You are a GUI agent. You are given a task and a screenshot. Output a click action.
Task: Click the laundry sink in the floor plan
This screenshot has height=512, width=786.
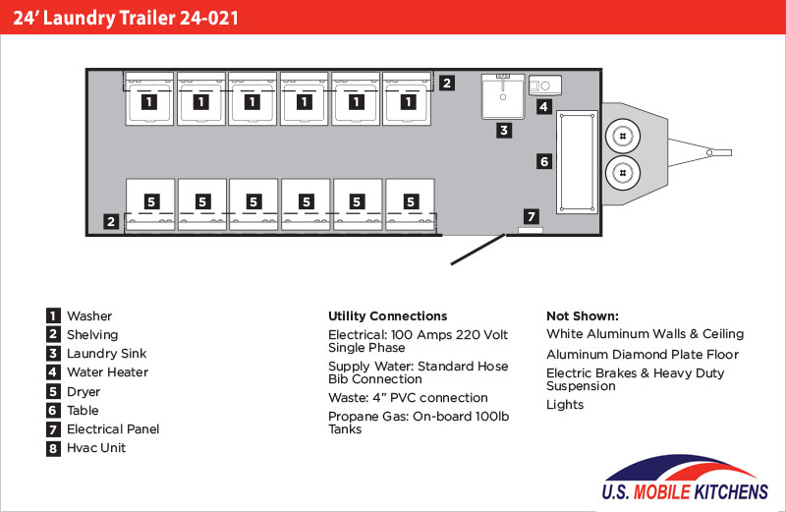pyautogui.click(x=503, y=96)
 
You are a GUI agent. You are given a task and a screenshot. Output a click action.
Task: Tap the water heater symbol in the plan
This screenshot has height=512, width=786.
pyautogui.click(x=545, y=85)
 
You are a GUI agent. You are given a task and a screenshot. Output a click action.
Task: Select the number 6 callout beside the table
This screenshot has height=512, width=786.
pyautogui.click(x=544, y=161)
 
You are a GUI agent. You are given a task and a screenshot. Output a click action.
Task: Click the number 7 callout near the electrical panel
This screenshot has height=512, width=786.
pyautogui.click(x=532, y=216)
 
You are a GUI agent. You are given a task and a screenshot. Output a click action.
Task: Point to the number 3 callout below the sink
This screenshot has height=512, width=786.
pyautogui.click(x=504, y=131)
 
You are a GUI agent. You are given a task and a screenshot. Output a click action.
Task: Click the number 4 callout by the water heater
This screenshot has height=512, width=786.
pyautogui.click(x=544, y=106)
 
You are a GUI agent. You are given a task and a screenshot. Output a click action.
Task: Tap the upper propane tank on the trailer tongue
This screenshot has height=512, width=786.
pyautogui.click(x=623, y=136)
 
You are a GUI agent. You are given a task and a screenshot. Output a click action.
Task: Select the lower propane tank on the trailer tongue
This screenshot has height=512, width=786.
pyautogui.click(x=623, y=173)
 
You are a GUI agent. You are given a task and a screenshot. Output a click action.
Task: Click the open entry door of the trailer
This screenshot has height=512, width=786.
pyautogui.click(x=477, y=250)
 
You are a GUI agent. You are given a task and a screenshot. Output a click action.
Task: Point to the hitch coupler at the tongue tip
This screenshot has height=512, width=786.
pyautogui.click(x=720, y=152)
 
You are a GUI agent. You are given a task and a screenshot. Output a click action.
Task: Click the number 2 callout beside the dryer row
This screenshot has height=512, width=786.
pyautogui.click(x=111, y=221)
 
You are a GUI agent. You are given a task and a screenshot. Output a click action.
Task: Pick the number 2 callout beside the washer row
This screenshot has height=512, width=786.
pyautogui.click(x=447, y=83)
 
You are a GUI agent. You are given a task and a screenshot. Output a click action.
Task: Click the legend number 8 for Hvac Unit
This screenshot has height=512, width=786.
pyautogui.click(x=53, y=448)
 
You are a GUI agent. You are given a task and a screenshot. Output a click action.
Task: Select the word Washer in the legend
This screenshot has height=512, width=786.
pyautogui.click(x=89, y=315)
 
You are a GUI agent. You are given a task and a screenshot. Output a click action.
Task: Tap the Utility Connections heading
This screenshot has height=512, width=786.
pyautogui.click(x=387, y=315)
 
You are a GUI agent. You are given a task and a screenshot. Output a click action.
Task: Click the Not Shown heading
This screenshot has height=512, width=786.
pyautogui.click(x=583, y=315)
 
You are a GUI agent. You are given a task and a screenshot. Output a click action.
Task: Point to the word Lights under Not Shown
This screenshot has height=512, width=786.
pyautogui.click(x=565, y=405)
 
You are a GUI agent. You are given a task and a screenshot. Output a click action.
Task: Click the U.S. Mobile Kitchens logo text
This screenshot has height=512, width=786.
pyautogui.click(x=685, y=491)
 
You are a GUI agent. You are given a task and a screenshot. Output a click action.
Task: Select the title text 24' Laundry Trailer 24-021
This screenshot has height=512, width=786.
pyautogui.click(x=126, y=18)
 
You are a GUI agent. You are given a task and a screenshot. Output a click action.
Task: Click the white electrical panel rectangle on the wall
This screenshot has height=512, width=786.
pyautogui.click(x=531, y=230)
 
